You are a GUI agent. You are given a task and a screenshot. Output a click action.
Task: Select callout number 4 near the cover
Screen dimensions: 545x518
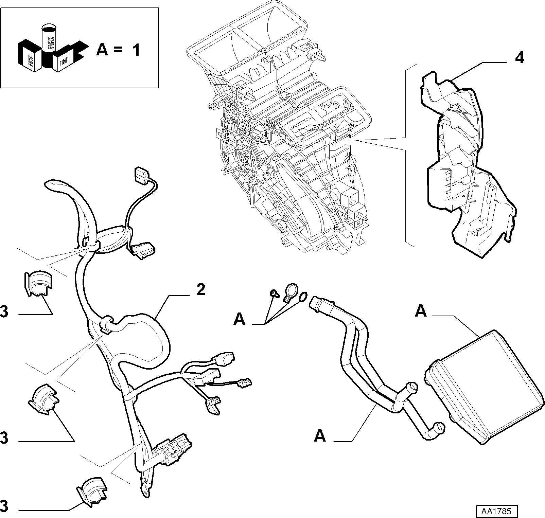coord(520,58)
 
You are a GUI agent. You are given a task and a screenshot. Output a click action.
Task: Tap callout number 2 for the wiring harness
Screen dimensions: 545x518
coord(200,290)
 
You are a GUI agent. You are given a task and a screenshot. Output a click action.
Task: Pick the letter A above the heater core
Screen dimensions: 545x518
coord(421,311)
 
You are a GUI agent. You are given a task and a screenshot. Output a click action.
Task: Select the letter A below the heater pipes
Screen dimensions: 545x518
coord(320,436)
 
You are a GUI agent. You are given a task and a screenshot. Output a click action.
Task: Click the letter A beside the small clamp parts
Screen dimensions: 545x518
coord(240,319)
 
